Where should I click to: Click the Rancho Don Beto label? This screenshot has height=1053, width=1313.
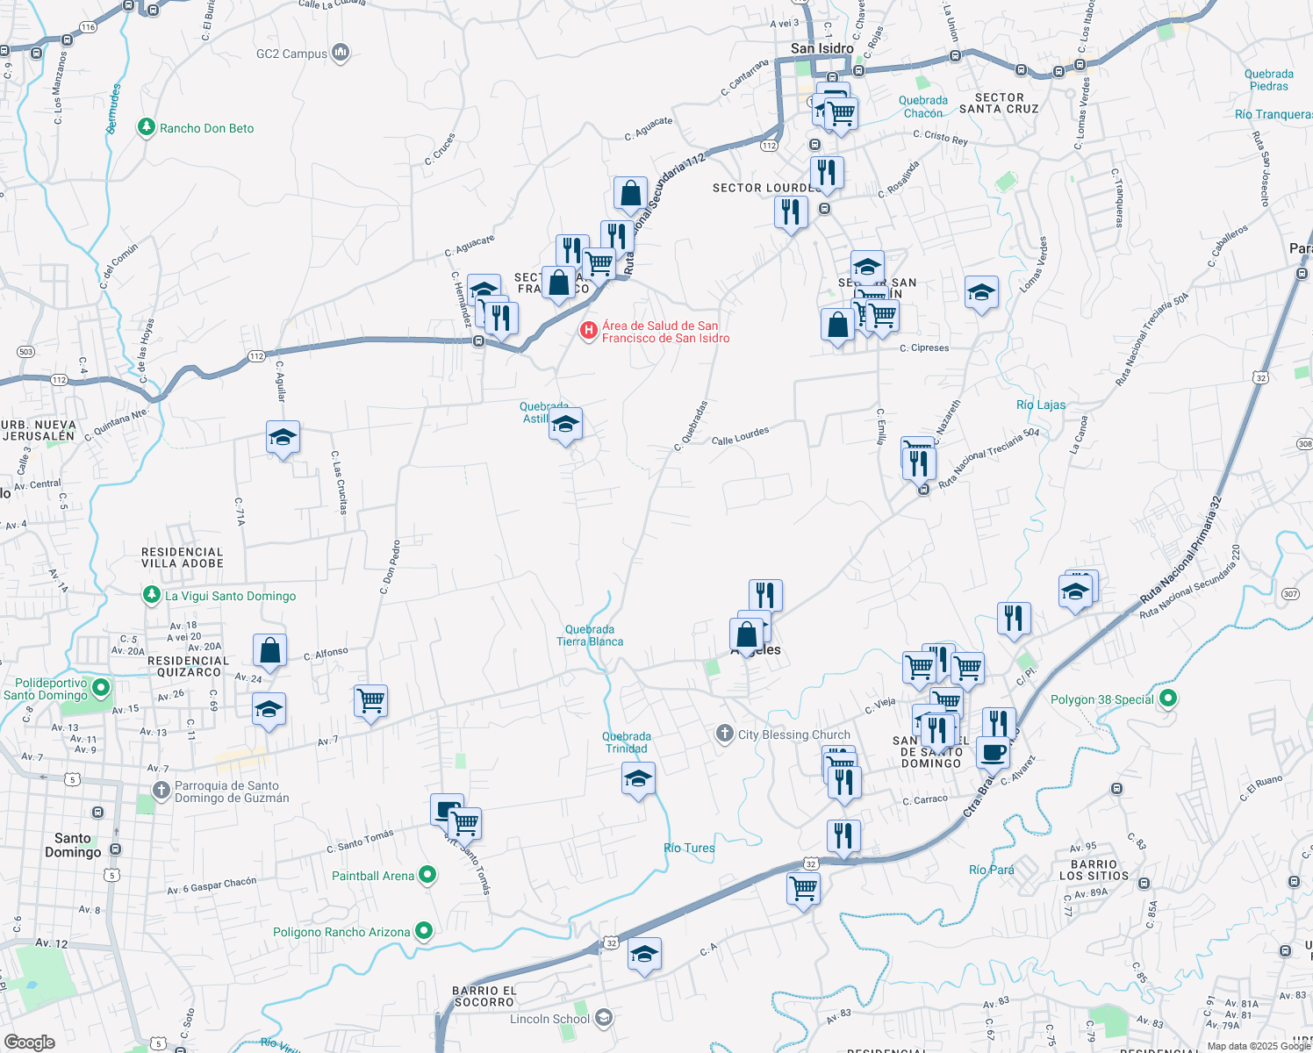tap(206, 128)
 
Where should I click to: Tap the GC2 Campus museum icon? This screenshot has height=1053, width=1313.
tap(341, 54)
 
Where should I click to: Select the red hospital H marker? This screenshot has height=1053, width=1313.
tap(588, 331)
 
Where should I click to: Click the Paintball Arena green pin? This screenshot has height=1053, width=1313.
tap(427, 875)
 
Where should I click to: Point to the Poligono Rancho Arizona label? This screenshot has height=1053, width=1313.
tap(341, 932)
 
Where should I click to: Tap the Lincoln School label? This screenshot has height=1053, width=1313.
tap(549, 1019)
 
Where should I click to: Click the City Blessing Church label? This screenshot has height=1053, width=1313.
tap(793, 734)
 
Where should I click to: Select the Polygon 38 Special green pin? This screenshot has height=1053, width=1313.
tap(1167, 698)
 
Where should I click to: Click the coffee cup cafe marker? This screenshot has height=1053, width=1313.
tap(993, 752)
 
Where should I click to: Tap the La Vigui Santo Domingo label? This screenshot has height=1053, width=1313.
tap(230, 596)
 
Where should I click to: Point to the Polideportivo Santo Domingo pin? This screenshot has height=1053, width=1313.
tap(101, 687)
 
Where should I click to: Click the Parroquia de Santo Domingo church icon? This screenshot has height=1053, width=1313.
tap(161, 790)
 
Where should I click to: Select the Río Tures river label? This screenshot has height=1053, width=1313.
tap(689, 848)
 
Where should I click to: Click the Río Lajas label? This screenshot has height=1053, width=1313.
tap(1041, 405)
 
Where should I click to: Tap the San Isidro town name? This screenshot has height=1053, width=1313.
tap(822, 48)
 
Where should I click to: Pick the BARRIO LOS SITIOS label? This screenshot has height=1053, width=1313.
tap(1094, 870)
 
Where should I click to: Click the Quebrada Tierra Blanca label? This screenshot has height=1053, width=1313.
tap(590, 635)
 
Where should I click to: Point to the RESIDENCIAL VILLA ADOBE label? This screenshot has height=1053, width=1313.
tap(183, 557)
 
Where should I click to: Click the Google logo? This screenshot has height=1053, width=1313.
tap(29, 1042)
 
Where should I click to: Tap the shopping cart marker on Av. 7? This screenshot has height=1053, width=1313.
tap(370, 701)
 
